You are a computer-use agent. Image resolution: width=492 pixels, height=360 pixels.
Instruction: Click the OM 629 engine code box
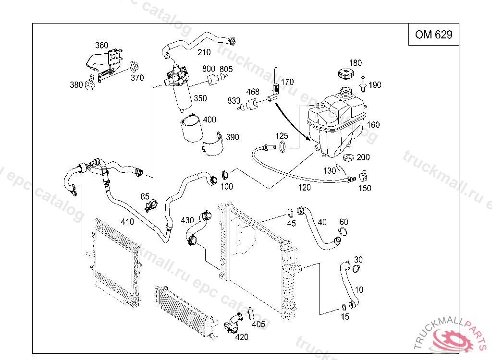[x=433, y=35]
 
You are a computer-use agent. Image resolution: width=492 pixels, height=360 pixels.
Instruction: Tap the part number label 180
[x=355, y=63]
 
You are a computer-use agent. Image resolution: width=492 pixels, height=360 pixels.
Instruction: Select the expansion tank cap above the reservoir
[x=344, y=74]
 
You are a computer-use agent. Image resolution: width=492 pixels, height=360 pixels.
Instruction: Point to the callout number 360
[x=101, y=46]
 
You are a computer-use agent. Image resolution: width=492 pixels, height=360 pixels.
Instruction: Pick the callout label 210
[x=204, y=52]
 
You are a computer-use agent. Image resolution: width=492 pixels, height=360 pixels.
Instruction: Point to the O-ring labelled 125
[x=283, y=146]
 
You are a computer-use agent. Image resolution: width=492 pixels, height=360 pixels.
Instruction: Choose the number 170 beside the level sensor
[x=287, y=82]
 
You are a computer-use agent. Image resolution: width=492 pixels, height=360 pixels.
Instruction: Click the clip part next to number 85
[x=151, y=205]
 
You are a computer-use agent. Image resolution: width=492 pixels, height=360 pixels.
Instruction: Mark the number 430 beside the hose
[x=187, y=220]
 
